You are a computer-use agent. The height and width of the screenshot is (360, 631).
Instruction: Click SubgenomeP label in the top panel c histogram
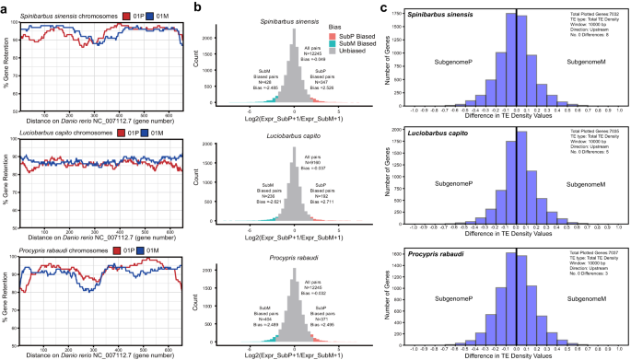click(x=459, y=61)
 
